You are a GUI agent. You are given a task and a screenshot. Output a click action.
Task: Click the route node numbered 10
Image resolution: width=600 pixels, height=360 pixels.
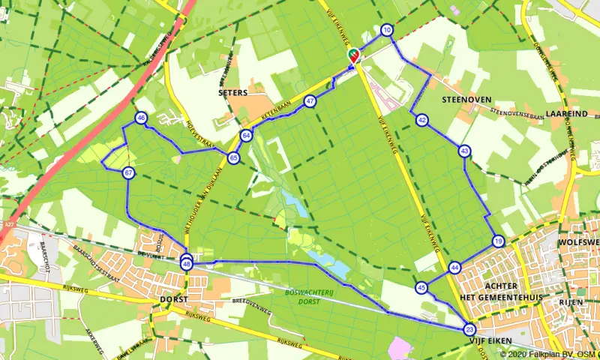click(386, 31)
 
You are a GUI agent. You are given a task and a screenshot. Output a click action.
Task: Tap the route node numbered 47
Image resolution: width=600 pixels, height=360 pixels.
click(310, 101)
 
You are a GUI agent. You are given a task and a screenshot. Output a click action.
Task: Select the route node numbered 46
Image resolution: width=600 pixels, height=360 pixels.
click(141, 118)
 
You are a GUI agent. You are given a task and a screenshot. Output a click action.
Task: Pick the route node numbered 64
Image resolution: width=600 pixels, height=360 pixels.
click(247, 135)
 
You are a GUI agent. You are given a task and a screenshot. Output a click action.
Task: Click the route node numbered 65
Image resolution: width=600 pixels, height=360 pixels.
click(234, 157)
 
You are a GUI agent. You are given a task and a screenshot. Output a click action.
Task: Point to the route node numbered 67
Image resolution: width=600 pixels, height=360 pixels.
click(129, 173)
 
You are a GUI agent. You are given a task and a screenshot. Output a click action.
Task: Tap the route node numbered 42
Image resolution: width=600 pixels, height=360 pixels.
click(422, 120)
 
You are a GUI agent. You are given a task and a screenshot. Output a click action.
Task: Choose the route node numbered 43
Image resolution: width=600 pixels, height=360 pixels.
click(465, 151)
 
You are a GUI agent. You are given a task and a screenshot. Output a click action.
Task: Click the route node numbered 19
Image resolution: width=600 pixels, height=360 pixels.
click(498, 241)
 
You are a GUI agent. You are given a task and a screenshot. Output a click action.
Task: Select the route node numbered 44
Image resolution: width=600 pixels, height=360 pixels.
click(455, 268)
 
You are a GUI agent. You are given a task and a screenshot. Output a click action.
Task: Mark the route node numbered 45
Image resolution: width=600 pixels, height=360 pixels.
click(422, 287)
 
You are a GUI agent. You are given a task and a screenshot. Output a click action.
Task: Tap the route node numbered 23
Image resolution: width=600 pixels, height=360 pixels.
click(469, 329)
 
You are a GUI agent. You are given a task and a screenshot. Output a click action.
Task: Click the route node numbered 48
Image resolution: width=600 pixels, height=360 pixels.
click(187, 264)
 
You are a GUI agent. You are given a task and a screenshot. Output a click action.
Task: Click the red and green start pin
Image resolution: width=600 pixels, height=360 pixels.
click(352, 55)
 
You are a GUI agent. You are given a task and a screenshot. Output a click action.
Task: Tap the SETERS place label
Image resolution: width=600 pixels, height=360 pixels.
click(232, 93)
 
